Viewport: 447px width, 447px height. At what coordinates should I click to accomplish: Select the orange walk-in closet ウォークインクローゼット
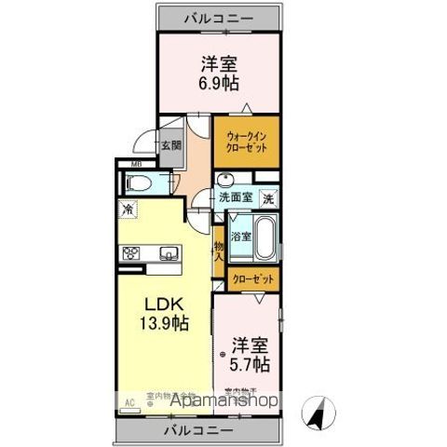[x=246, y=141]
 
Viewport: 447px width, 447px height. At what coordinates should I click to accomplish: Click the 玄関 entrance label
[x=169, y=146]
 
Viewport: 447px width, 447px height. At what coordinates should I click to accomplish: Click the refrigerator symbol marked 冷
[x=127, y=210]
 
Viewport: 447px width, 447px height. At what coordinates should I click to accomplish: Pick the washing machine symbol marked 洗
[x=266, y=198]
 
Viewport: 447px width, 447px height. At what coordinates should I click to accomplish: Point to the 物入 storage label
[x=219, y=252]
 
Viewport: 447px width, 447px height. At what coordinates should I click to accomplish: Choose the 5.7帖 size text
[x=251, y=361]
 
